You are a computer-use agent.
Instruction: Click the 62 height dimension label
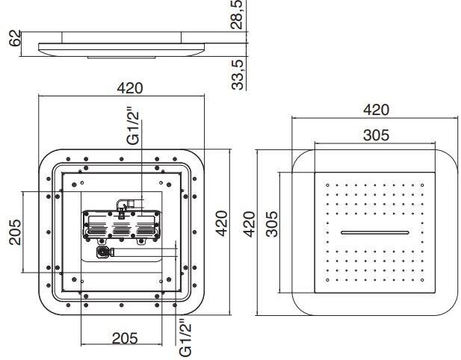[15, 38]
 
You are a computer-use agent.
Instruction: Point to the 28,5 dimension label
[237, 14]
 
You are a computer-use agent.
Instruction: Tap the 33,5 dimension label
[238, 75]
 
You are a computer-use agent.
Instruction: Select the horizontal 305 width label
[376, 135]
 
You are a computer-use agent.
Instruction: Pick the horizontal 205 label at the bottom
[125, 338]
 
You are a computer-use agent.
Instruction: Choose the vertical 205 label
[15, 232]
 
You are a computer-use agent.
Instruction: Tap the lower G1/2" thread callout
[185, 338]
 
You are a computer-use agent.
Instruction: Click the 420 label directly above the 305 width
[376, 110]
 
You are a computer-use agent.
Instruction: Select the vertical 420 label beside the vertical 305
[250, 224]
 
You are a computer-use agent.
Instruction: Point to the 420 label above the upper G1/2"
[130, 88]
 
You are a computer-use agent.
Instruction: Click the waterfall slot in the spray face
[375, 233]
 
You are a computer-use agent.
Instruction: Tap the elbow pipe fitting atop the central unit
[123, 204]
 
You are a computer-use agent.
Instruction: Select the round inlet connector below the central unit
[103, 252]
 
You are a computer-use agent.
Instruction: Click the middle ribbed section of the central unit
[122, 228]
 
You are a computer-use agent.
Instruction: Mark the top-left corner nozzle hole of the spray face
[327, 185]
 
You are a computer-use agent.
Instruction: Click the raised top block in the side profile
[122, 37]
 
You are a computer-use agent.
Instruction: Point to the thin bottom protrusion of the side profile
[121, 58]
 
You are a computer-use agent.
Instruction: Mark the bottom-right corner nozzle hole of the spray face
[422, 280]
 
